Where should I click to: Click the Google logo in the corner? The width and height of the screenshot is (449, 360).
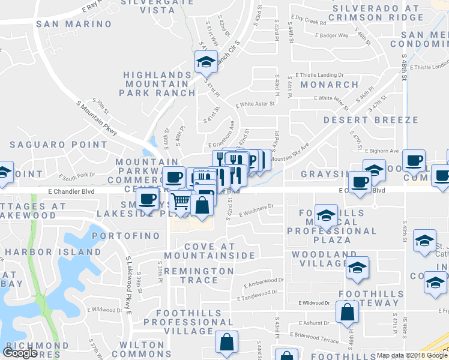tap(20, 353)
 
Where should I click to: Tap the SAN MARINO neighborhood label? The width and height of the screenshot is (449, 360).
tap(74, 24)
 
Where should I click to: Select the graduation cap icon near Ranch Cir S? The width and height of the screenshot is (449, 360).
tap(206, 61)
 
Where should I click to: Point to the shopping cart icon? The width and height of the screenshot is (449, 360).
tap(181, 202)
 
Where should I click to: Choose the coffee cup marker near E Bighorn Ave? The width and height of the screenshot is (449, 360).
tap(414, 160)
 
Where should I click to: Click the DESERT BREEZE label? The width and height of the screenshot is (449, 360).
tap(370, 120)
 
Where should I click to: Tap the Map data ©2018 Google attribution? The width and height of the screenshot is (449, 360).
tap(412, 355)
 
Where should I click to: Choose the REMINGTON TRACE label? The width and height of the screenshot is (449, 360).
tap(199, 275)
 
